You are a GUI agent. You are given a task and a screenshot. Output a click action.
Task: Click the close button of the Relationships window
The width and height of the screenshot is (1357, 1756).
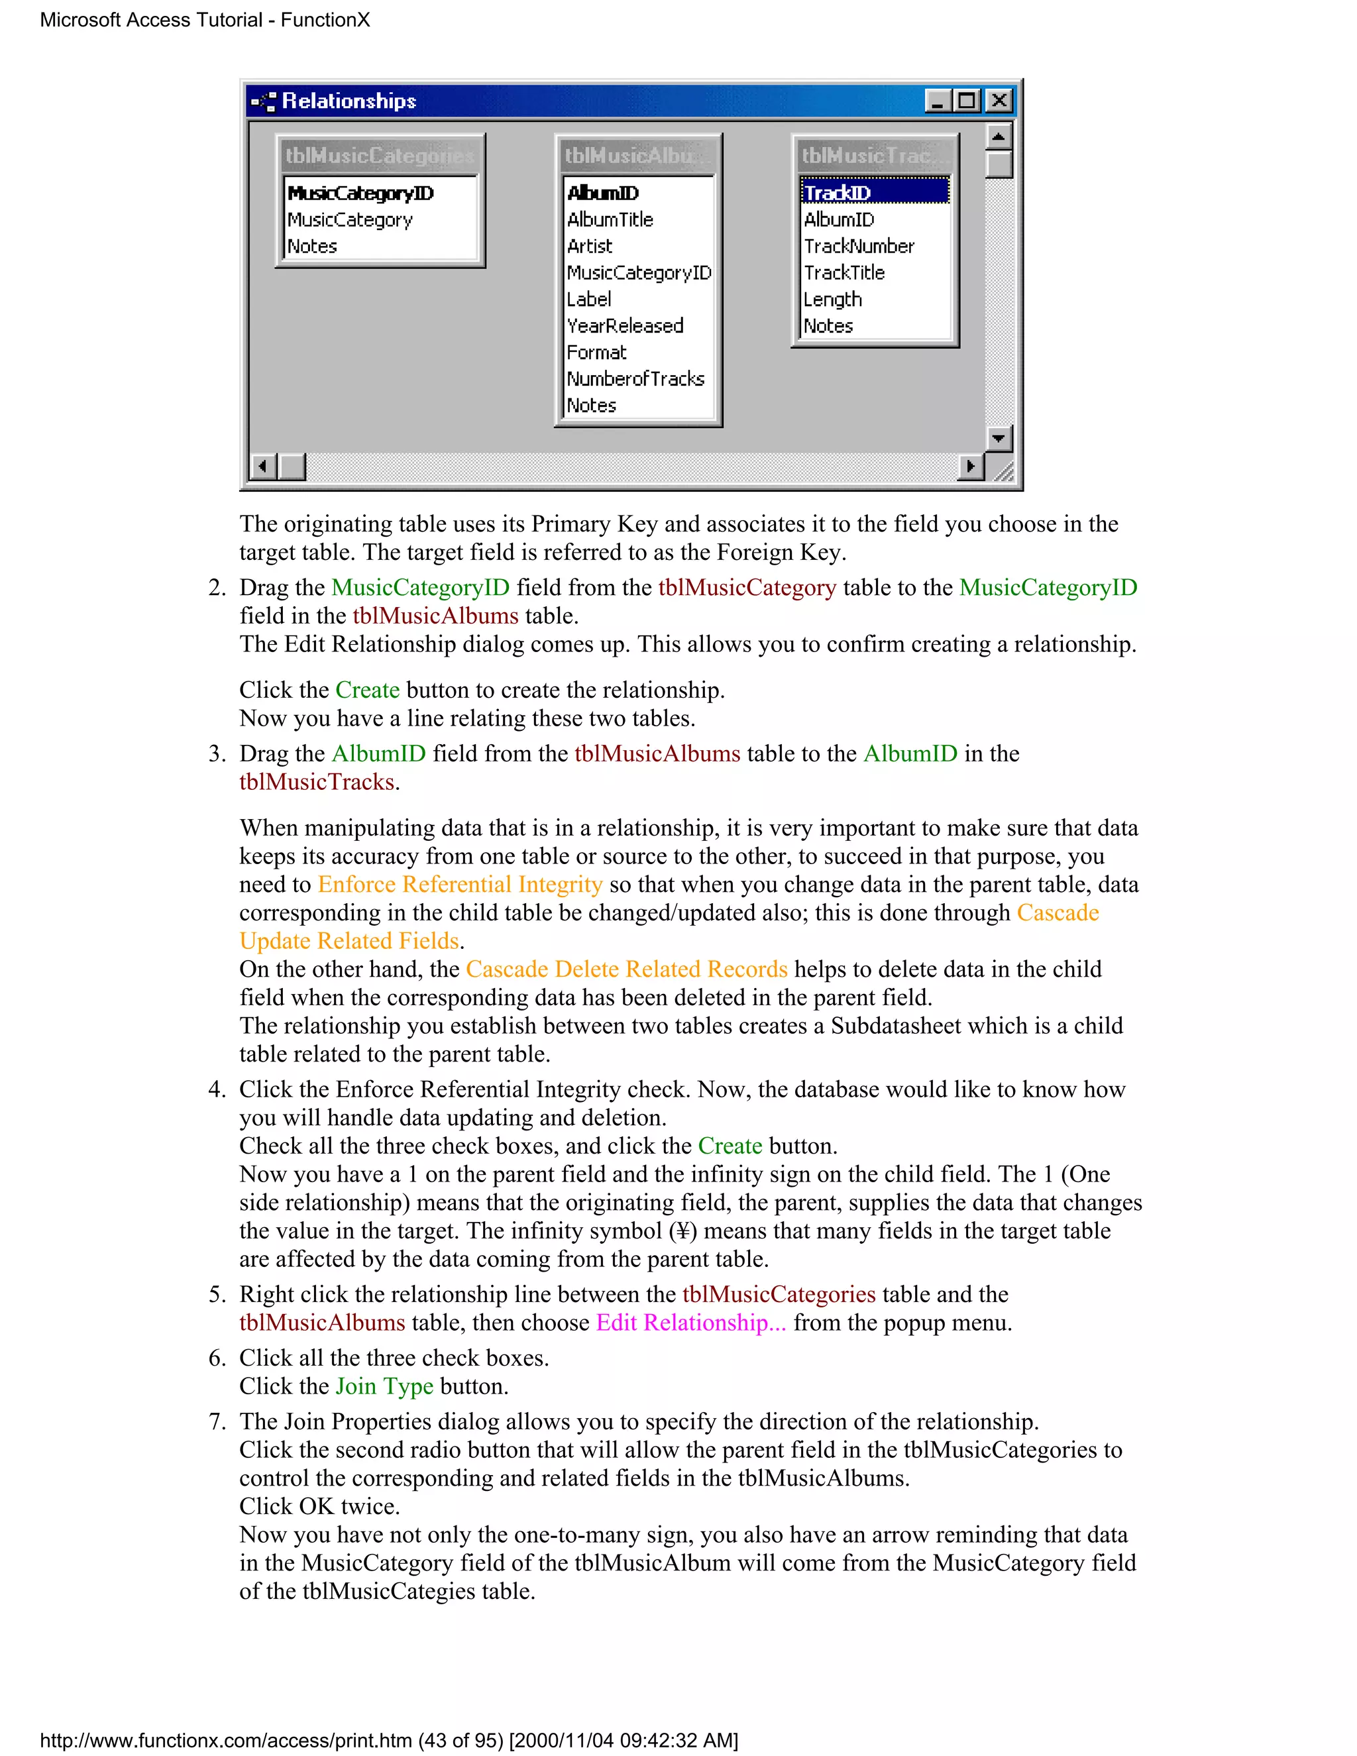[x=999, y=101]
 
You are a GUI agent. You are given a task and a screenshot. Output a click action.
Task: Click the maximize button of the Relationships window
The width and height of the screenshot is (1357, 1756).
[x=967, y=101]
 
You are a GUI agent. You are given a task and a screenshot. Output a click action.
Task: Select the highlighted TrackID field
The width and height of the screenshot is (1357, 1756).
[x=837, y=193]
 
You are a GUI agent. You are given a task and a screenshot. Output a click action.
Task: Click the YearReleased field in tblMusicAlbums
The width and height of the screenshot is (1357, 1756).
[x=625, y=325]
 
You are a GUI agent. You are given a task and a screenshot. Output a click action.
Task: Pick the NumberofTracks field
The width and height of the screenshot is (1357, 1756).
[x=635, y=378]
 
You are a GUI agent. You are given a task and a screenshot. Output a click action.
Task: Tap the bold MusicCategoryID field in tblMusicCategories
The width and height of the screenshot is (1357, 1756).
[x=360, y=193]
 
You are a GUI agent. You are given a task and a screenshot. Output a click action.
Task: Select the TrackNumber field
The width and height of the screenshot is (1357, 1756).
[x=859, y=246]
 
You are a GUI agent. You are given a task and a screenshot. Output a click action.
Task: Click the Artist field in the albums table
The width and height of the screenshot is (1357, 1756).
[x=589, y=246]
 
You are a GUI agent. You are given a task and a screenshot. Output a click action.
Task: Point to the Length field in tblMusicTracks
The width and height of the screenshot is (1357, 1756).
[x=832, y=299]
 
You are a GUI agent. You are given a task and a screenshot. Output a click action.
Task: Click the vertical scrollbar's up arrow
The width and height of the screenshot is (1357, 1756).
[x=999, y=137]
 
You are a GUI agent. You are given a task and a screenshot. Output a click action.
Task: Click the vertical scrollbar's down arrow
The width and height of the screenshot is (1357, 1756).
[x=999, y=438]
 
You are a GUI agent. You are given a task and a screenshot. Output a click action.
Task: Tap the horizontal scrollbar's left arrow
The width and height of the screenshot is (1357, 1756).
[x=263, y=466]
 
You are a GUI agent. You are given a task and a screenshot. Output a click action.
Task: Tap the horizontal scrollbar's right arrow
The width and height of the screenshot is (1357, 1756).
[x=970, y=466]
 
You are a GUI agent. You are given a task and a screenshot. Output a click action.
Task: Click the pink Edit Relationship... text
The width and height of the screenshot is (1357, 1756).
[x=690, y=1323]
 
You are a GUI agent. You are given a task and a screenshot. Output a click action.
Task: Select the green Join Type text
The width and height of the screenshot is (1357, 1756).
[x=384, y=1386]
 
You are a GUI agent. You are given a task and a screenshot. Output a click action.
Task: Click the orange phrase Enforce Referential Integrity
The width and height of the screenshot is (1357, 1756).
[x=460, y=885]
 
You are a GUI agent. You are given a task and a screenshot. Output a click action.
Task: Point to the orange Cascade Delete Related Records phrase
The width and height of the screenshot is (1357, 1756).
[x=626, y=969]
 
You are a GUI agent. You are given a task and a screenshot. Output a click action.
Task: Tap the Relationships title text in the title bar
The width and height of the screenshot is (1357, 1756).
[x=349, y=101]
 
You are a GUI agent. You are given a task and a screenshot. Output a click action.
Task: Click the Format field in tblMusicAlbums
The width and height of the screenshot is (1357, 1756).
[x=596, y=352]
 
